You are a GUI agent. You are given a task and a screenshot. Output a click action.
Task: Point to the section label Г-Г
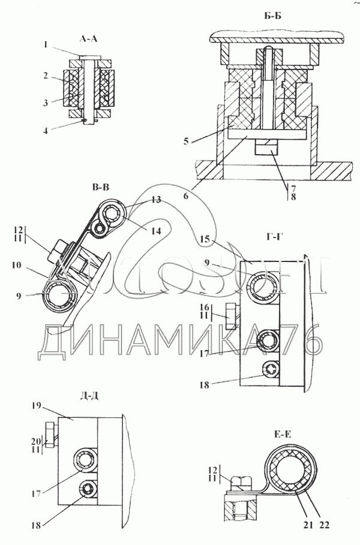tap(262, 236)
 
